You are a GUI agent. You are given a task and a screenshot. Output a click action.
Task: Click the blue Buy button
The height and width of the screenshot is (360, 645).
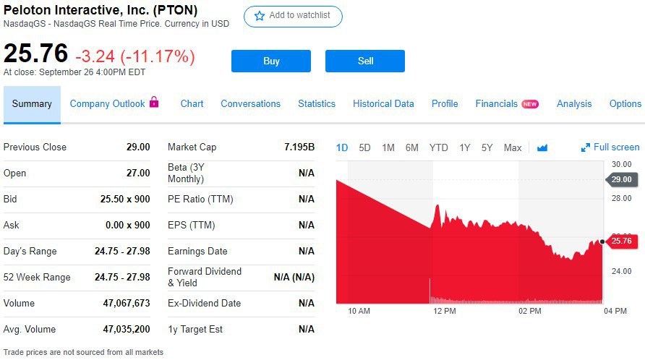271,61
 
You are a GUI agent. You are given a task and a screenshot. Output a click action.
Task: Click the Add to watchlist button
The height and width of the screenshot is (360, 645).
293,16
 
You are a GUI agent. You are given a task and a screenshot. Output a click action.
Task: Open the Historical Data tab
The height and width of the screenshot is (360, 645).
383,103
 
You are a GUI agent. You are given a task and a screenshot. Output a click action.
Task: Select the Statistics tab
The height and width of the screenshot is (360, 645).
317,103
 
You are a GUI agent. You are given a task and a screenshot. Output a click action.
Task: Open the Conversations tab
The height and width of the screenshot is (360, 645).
250,103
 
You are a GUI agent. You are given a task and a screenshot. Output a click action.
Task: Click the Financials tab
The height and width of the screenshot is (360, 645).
497,103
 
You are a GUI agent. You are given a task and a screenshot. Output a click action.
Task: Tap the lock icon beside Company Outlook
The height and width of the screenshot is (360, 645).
154,103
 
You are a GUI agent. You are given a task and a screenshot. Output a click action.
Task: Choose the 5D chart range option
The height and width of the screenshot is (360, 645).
364,147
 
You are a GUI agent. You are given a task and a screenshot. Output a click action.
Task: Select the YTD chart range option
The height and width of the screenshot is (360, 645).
438,147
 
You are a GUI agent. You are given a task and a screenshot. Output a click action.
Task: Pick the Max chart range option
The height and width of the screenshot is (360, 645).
513,147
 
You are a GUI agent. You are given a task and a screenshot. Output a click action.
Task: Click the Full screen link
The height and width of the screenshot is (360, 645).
610,147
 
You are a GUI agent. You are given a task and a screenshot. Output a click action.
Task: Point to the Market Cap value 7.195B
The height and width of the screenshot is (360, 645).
299,147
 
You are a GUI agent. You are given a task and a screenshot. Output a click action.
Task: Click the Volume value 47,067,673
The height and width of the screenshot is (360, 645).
127,303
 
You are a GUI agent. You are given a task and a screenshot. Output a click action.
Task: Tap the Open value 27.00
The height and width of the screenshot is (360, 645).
138,173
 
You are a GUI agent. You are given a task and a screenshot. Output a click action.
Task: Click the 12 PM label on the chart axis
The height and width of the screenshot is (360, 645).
444,311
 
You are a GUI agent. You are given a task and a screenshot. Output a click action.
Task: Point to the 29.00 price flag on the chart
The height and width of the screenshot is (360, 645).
622,179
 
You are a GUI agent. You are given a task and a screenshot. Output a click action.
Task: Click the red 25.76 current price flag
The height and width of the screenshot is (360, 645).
622,241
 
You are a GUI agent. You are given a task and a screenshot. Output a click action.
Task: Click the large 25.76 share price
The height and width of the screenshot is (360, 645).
36,53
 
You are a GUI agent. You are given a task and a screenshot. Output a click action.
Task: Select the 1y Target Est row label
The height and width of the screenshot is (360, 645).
195,329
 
